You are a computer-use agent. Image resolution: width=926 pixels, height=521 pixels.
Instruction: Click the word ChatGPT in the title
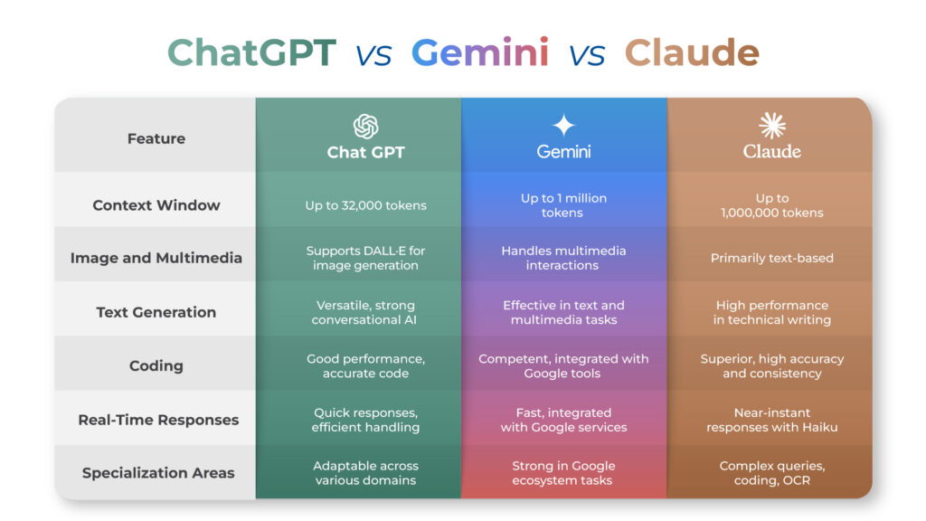[252, 52]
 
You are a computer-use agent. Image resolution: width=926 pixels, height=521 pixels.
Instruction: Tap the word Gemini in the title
[479, 52]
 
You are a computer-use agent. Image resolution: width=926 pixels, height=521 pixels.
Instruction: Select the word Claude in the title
[692, 52]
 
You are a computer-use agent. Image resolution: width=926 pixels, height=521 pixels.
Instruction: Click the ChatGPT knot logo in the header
[365, 127]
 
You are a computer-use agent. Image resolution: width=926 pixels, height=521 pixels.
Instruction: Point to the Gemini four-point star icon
[563, 125]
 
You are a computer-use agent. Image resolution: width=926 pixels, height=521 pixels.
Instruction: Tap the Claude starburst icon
[772, 125]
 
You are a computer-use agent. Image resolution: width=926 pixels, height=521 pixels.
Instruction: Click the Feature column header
[156, 138]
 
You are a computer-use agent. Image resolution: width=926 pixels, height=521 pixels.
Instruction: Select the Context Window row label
[156, 205]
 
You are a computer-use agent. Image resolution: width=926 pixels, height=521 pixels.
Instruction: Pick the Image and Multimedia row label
[156, 258]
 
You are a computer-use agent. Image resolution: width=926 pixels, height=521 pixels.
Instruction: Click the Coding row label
[156, 365]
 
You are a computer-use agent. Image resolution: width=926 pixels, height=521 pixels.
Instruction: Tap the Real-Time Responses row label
[158, 420]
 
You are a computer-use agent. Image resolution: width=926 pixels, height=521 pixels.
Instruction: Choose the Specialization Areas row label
[158, 472]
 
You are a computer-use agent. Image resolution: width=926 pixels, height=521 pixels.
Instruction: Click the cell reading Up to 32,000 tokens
[365, 205]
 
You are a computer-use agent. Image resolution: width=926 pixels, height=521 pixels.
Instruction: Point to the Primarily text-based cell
[772, 258]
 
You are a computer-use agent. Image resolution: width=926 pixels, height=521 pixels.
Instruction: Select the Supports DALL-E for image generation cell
[365, 258]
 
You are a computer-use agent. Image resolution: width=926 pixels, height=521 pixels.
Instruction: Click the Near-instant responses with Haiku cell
[772, 420]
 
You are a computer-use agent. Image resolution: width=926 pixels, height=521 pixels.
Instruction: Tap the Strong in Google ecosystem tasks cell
[563, 473]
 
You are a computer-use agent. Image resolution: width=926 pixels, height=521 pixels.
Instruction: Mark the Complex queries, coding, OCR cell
[772, 473]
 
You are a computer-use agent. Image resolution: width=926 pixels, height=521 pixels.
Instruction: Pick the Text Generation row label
[156, 312]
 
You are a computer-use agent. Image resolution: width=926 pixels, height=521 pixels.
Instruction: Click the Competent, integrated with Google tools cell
[563, 366]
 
